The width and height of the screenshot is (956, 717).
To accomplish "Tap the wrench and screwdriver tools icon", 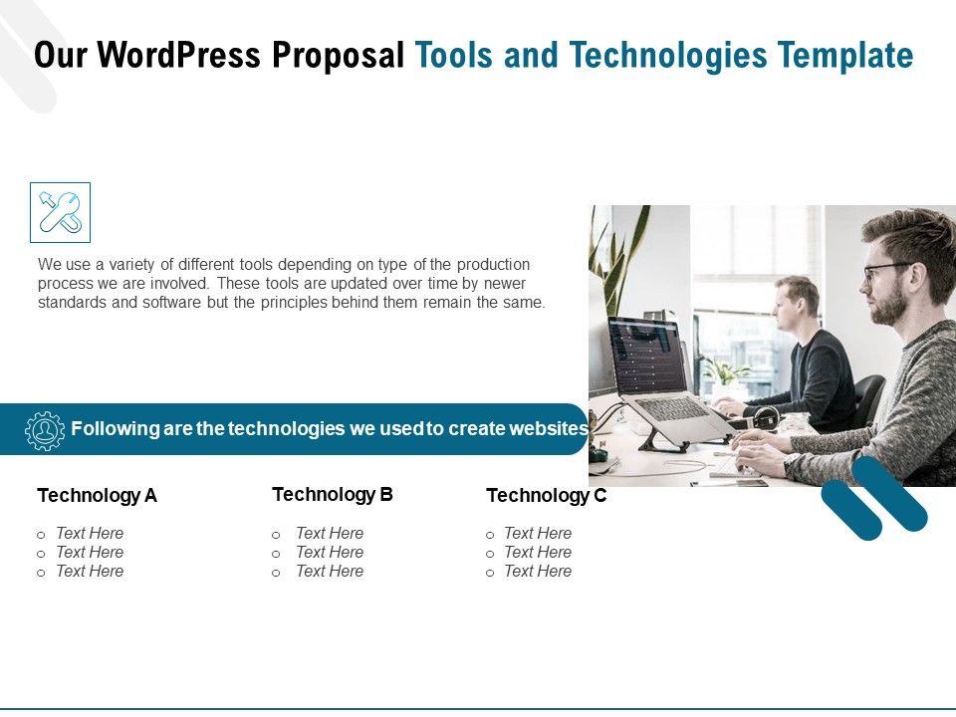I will [60, 212].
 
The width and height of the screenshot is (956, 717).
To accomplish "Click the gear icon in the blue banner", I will [44, 429].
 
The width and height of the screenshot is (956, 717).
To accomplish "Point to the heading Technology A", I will [97, 496].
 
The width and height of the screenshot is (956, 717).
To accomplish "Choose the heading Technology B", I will [333, 494].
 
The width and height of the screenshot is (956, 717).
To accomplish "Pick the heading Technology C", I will [546, 496].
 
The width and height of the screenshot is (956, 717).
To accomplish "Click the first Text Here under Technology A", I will [90, 534].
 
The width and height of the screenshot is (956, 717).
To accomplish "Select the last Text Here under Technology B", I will [330, 572].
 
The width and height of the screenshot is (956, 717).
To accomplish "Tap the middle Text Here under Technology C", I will [538, 553].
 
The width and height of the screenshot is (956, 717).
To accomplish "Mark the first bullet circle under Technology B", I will [276, 535].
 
